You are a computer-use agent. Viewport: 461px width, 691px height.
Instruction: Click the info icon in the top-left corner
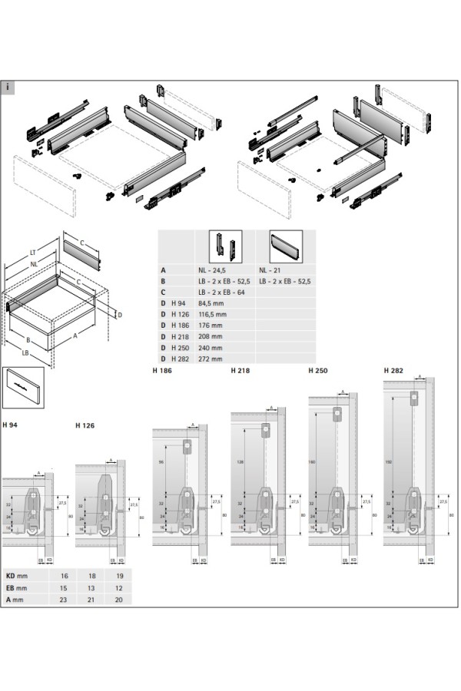pos(8,86)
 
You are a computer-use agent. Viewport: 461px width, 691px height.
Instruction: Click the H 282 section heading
pos(393,370)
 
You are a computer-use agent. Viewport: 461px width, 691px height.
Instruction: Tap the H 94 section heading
pos(10,425)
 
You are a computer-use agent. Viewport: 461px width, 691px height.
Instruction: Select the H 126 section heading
pos(85,425)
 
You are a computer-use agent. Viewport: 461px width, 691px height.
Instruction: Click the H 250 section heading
pos(317,370)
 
